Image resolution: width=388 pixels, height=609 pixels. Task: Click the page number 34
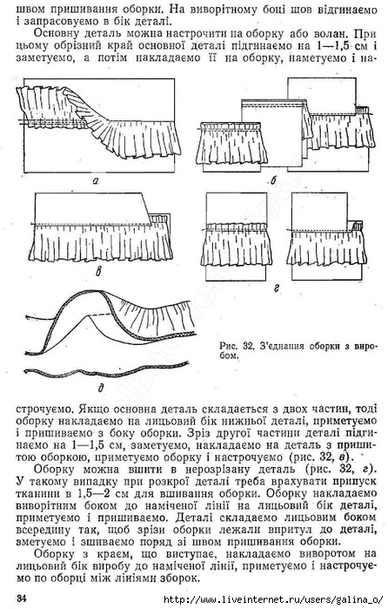(22, 599)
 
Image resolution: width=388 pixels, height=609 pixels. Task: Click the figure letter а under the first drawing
(96, 179)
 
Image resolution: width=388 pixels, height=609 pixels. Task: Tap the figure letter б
(274, 180)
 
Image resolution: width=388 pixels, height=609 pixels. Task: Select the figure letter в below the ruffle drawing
(98, 272)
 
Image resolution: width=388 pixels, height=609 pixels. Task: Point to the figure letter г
(277, 288)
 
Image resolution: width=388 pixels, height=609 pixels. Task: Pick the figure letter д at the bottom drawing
(101, 386)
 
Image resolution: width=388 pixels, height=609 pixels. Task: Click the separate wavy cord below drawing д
(104, 372)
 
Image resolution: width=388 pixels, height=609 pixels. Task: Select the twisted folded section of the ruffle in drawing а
(84, 111)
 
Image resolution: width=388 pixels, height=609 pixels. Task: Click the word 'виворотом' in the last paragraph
(318, 553)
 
